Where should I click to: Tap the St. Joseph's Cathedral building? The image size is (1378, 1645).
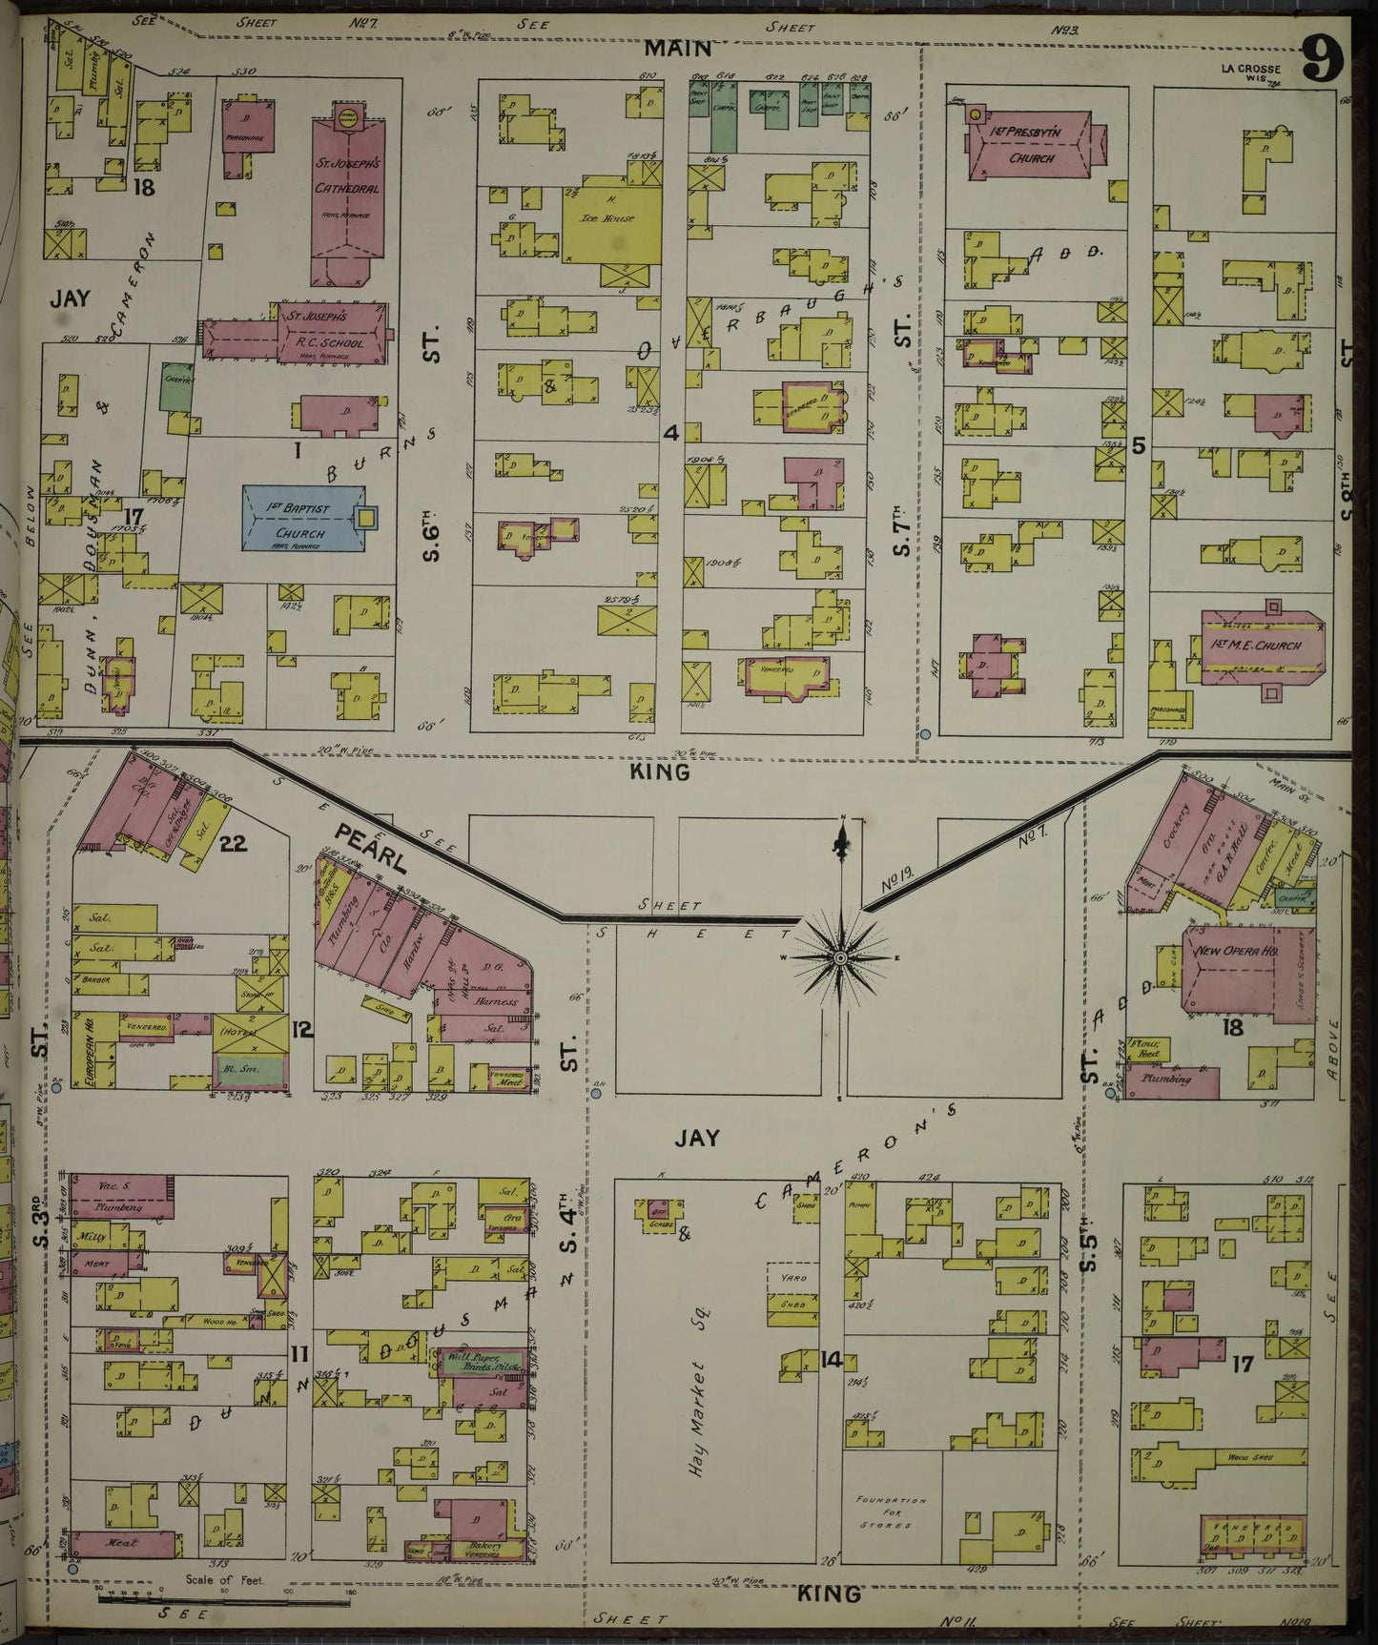tap(347, 191)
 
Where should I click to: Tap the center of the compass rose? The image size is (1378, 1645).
tap(840, 956)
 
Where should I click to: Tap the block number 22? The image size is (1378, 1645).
tap(234, 843)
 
